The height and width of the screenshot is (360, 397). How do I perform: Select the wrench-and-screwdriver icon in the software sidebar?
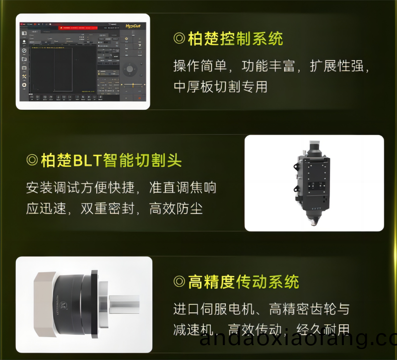24,76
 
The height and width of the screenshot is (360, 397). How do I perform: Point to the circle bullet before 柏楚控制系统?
179,39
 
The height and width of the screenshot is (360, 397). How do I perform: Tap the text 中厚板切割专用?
220,86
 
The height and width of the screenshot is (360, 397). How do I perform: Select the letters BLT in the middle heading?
87,160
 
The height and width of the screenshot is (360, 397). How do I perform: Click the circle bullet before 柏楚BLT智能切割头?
32,160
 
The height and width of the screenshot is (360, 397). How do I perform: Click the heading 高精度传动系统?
243,282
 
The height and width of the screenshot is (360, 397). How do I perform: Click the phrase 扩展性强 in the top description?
339,66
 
